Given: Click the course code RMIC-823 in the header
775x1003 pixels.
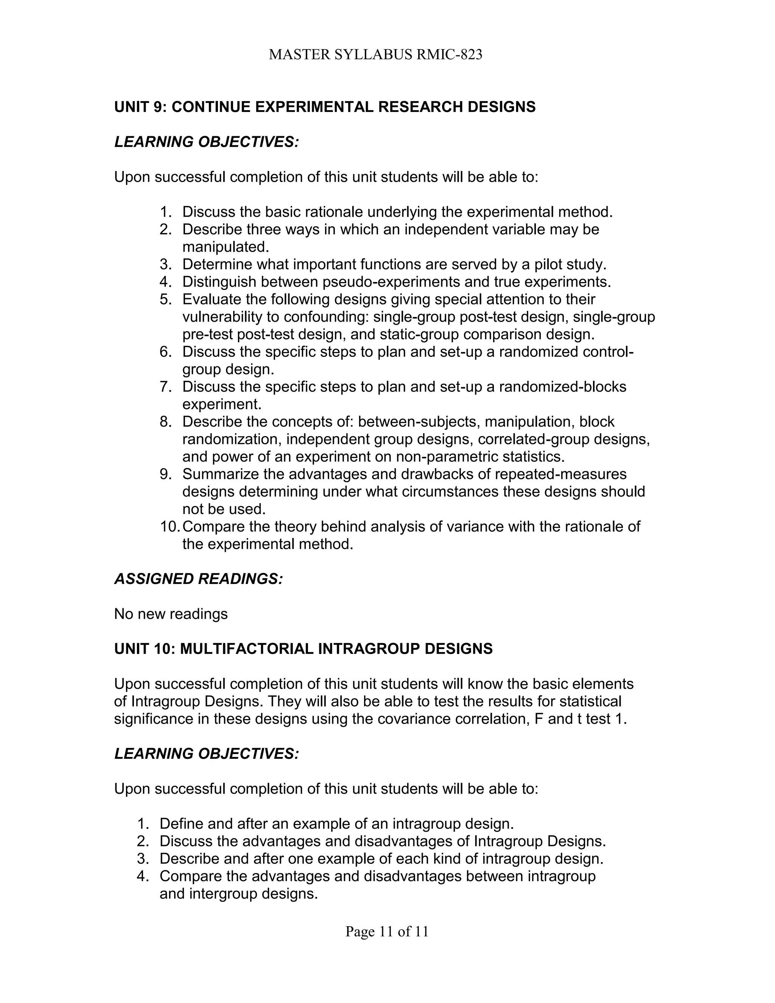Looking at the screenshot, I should click(x=449, y=55).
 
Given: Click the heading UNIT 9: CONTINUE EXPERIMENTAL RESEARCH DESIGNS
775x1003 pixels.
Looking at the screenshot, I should click(x=325, y=107).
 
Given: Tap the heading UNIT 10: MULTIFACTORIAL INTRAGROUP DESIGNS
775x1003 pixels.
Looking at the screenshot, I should click(x=303, y=648).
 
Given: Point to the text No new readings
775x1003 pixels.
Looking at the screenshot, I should click(x=171, y=614).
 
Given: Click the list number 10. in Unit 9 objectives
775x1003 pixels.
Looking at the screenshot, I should click(x=170, y=526).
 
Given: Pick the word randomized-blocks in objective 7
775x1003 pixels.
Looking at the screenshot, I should click(x=563, y=387).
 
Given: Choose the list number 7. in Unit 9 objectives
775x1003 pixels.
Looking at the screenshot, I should click(x=165, y=387).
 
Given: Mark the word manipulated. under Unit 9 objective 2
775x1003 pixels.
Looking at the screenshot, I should click(x=226, y=247).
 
